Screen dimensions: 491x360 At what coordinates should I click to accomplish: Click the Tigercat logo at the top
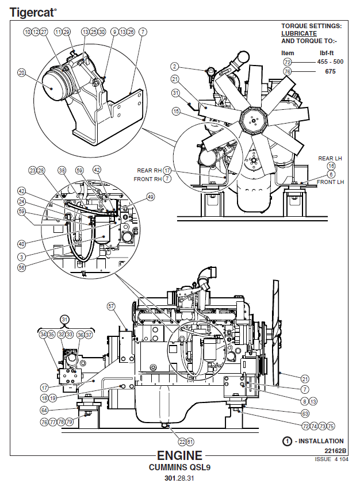click(33, 11)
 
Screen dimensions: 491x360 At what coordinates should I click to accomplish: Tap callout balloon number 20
click(22, 73)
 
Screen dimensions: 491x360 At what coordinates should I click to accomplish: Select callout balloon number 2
click(175, 67)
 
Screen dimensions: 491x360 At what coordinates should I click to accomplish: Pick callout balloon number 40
click(21, 243)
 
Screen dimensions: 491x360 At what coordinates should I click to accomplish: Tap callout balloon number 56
click(21, 267)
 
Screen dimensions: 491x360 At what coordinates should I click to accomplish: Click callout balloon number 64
click(44, 410)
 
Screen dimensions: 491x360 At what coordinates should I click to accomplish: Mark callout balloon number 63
click(305, 413)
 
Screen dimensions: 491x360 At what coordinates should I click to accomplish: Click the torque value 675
click(331, 71)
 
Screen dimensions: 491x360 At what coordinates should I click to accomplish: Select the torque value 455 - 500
click(331, 62)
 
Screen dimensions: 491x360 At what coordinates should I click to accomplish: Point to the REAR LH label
click(330, 158)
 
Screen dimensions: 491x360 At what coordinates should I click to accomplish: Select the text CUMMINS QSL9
click(179, 467)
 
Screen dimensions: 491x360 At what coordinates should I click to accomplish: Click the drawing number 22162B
click(335, 451)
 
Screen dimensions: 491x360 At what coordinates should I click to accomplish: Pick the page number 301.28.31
click(179, 478)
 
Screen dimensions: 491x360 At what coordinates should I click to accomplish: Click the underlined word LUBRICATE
click(298, 33)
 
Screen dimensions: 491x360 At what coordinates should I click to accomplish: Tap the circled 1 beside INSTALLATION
click(287, 441)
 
